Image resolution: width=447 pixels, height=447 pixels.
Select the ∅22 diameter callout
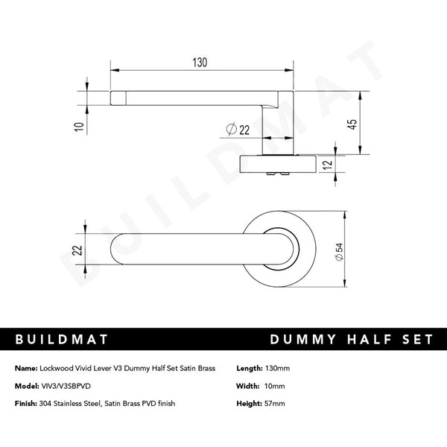tap(237, 130)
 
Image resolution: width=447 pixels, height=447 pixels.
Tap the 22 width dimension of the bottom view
tap(77, 252)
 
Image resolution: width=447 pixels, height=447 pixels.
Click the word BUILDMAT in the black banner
tap(62, 339)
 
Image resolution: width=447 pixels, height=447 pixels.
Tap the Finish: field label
tap(26, 403)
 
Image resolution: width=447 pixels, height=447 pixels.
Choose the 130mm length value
tap(277, 369)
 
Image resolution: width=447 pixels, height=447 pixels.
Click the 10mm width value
tap(274, 386)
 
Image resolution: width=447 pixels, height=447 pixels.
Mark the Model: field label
tap(26, 386)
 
